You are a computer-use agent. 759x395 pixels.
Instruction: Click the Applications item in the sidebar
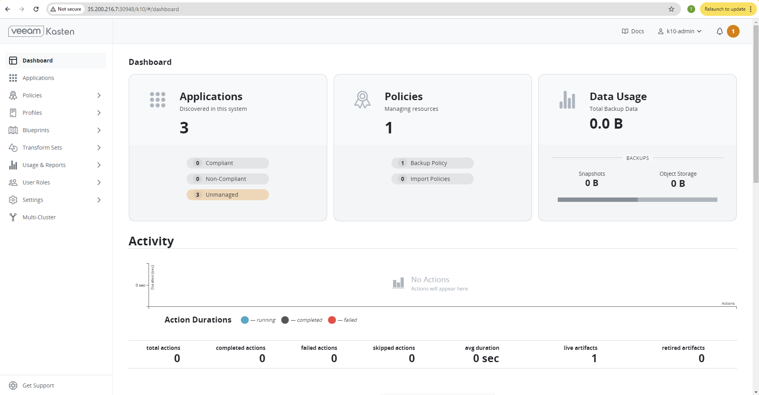[x=38, y=78]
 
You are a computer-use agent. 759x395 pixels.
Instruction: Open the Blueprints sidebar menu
[x=36, y=130]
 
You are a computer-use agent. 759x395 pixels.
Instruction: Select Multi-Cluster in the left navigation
[x=39, y=217]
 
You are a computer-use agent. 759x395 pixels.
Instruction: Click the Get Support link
[x=38, y=386]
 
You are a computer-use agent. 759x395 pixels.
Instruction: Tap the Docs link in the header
[x=633, y=31]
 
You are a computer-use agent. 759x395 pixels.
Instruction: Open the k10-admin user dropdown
[x=680, y=31]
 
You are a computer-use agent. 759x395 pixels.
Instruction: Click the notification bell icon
[x=719, y=31]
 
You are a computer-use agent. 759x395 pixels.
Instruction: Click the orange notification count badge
[x=733, y=31]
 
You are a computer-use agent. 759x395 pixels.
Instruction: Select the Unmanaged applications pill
[x=227, y=195]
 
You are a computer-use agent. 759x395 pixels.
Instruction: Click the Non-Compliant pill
[x=227, y=179]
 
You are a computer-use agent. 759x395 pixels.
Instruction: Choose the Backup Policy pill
[x=432, y=163]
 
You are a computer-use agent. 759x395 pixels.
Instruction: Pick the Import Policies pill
[x=432, y=179]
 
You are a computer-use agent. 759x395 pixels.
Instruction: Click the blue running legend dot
[x=245, y=320]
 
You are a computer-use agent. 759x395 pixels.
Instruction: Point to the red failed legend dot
[x=332, y=320]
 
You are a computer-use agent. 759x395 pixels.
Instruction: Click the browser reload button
[x=36, y=9]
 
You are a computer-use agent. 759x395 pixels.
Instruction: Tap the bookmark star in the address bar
[x=671, y=9]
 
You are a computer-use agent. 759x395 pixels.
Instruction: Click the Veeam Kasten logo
[x=41, y=31]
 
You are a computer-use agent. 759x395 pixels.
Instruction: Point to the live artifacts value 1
[x=594, y=359]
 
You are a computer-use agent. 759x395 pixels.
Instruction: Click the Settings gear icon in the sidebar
[x=13, y=200]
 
